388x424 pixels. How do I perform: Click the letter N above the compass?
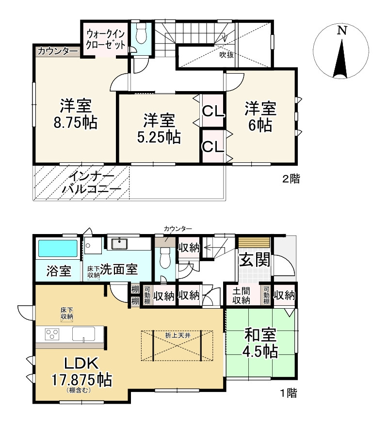(x=342, y=31)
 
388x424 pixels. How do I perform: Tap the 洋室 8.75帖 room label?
(x=76, y=114)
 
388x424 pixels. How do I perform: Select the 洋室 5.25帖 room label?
(x=159, y=128)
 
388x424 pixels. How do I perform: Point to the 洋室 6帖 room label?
(x=260, y=116)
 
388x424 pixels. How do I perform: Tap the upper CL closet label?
(x=213, y=112)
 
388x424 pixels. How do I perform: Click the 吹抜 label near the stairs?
(x=226, y=55)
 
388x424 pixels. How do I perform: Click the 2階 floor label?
(x=291, y=179)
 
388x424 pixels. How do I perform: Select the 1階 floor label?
(x=288, y=393)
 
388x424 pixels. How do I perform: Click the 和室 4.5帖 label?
(x=260, y=343)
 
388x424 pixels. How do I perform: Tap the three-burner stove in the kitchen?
(x=52, y=334)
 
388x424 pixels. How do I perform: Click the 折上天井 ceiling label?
(x=177, y=334)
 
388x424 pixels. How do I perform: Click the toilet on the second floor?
(x=142, y=33)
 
